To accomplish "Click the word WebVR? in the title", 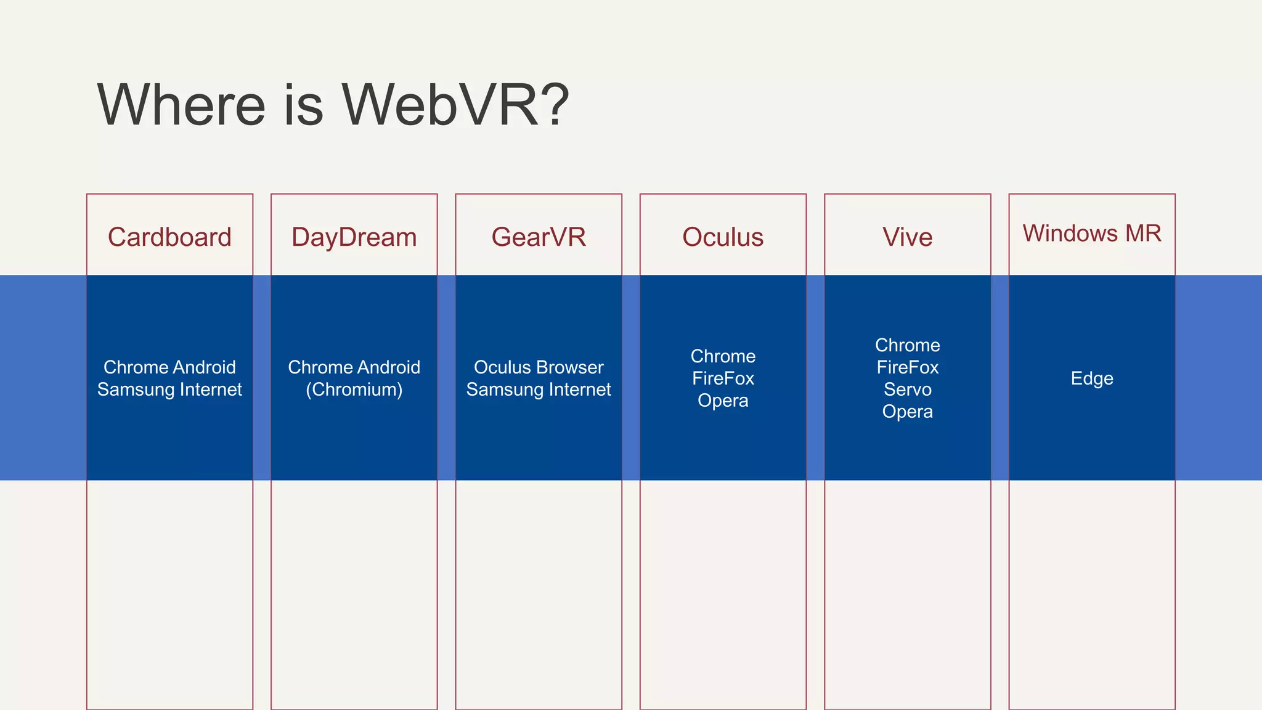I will click(455, 105).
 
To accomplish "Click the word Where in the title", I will click(181, 105).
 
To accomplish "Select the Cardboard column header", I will click(169, 237).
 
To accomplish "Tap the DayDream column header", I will click(354, 237).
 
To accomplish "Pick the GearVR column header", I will click(539, 237).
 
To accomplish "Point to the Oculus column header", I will click(723, 237).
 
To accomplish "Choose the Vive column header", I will click(907, 237).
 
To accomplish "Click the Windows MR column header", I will click(1092, 234).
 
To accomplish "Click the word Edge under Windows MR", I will click(1092, 378).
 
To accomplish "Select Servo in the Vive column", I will click(907, 390).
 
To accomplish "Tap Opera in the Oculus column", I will click(723, 401).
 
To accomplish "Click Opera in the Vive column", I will click(907, 412).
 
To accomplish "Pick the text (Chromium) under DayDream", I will click(354, 390).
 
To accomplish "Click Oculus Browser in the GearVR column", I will click(539, 367).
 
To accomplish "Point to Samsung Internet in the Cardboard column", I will click(169, 390).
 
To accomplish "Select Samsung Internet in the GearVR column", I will click(539, 390).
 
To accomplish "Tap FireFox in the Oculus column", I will click(723, 378).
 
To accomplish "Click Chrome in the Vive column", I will click(907, 345).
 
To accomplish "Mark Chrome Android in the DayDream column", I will click(354, 367).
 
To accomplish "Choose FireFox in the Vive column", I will click(907, 367).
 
